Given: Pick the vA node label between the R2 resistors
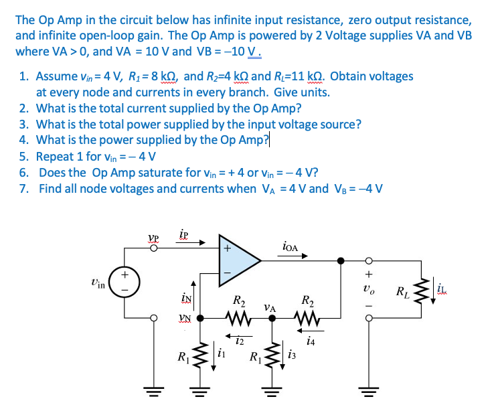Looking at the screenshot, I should coord(270,307).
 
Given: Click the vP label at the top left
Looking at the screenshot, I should coord(153,238).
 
